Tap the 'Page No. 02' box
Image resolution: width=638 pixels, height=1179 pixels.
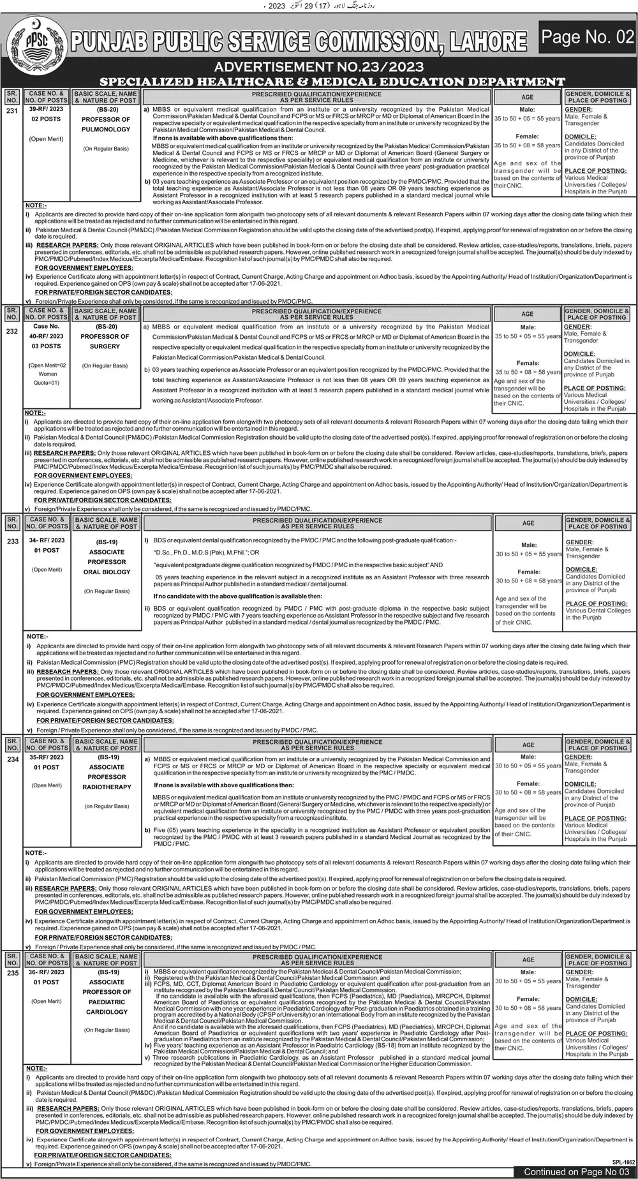pyautogui.click(x=588, y=38)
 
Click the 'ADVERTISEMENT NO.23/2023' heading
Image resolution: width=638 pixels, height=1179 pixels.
pyautogui.click(x=318, y=66)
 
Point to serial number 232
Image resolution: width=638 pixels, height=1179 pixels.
pyautogui.click(x=12, y=332)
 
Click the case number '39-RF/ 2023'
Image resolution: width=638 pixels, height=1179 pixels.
pyautogui.click(x=47, y=110)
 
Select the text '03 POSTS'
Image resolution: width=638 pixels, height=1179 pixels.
pyautogui.click(x=47, y=346)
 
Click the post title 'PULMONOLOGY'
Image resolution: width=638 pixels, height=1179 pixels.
pyautogui.click(x=106, y=130)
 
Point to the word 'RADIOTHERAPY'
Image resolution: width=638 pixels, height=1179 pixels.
pyautogui.click(x=107, y=787)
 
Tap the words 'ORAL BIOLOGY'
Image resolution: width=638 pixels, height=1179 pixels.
pyautogui.click(x=107, y=572)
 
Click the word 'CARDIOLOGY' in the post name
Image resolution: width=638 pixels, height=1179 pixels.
pyautogui.click(x=107, y=1012)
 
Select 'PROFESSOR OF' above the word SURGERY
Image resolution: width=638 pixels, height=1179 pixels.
pyautogui.click(x=105, y=336)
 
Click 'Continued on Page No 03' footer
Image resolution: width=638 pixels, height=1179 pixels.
pyautogui.click(x=572, y=1172)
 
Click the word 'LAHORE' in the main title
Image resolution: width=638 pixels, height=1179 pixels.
pyautogui.click(x=488, y=43)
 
